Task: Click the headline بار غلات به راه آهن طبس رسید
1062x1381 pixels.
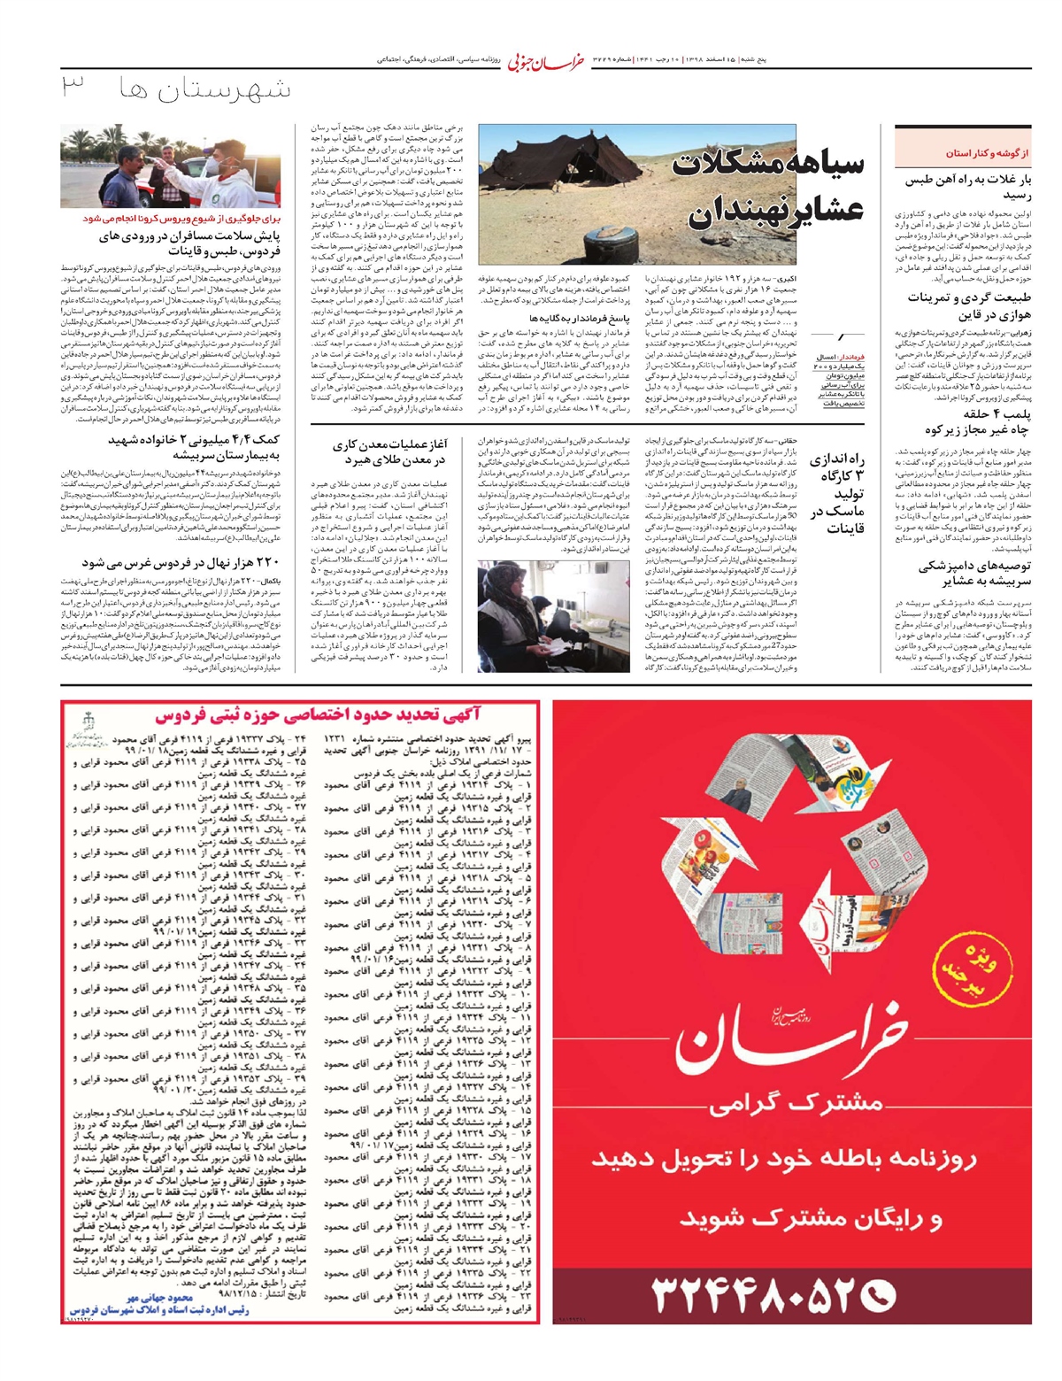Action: (x=973, y=187)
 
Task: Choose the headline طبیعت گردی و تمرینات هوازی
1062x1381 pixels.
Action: (x=969, y=305)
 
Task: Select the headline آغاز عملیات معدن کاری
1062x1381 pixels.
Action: (x=389, y=452)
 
